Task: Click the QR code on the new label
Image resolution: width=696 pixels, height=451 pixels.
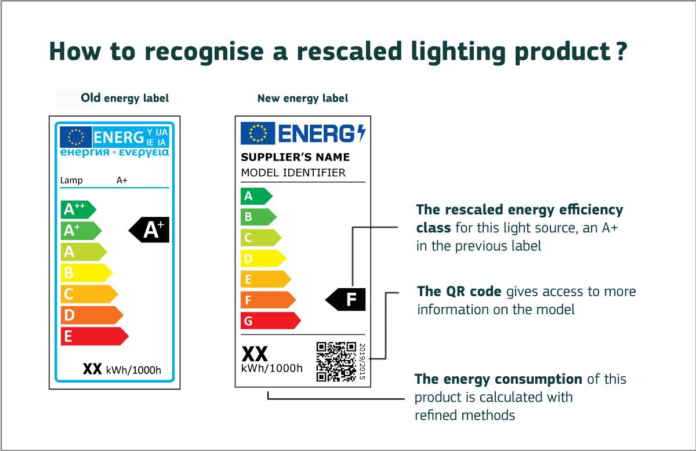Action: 336,362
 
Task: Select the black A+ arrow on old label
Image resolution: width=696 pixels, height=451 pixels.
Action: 150,230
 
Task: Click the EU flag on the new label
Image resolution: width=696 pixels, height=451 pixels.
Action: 258,133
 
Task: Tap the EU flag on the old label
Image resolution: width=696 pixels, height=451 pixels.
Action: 75,137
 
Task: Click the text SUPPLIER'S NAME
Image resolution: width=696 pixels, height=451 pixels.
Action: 295,157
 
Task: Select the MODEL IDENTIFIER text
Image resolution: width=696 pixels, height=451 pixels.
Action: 293,173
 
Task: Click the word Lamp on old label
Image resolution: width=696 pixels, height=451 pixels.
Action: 71,180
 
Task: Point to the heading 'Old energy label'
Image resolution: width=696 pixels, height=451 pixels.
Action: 125,98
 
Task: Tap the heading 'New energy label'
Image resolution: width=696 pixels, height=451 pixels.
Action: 303,99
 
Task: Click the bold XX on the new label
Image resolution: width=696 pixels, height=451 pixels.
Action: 254,355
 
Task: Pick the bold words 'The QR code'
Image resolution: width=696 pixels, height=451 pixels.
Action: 459,291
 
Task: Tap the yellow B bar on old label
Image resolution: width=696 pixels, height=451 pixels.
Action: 85,273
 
